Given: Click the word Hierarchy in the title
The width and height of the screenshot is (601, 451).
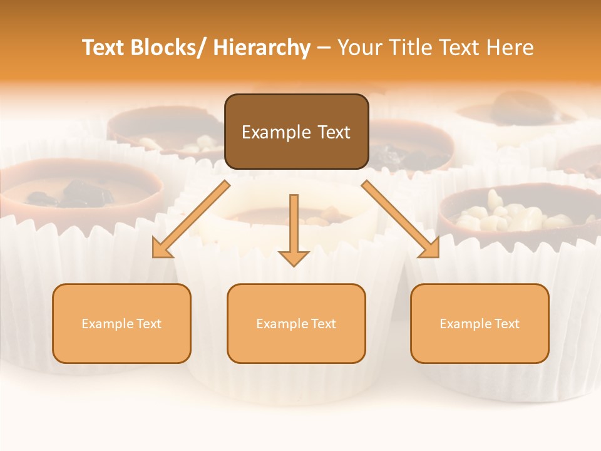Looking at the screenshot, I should click(x=262, y=48).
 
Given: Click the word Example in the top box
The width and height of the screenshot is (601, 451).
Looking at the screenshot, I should click(x=275, y=133).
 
